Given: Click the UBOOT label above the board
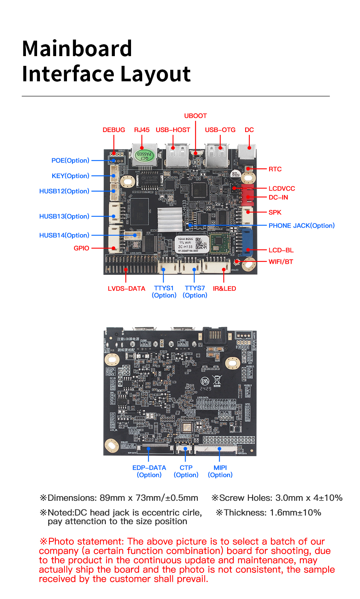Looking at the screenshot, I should tap(195, 116).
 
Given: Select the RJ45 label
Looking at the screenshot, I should tap(142, 130).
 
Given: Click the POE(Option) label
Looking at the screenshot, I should tap(70, 160).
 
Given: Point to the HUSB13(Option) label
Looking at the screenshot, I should tap(64, 216).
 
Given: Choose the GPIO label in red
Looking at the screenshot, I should tap(81, 248).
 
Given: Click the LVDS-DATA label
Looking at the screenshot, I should tap(126, 289).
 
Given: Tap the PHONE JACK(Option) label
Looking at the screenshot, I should tap(301, 226).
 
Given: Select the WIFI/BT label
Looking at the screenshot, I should tap(281, 262).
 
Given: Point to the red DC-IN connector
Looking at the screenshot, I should tap(248, 196).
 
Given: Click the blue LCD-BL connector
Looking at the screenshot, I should tap(247, 242).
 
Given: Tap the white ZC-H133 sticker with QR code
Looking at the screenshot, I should tap(192, 244).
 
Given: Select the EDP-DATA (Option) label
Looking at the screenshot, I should tap(149, 471).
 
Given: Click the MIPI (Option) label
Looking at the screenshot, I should tap(220, 471).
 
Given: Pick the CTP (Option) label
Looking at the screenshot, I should tap(186, 471).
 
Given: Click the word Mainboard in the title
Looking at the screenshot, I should tap(77, 49).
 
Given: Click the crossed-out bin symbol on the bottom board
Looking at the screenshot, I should tap(217, 380).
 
